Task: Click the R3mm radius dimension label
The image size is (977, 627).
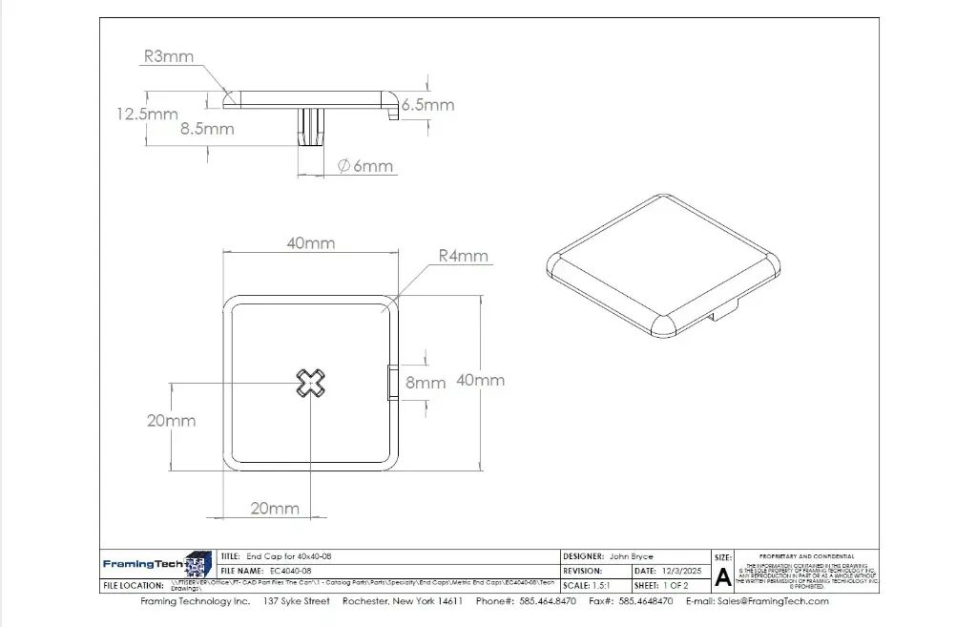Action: tap(169, 57)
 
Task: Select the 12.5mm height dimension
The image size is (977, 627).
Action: tap(147, 114)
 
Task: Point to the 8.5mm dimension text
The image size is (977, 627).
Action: tap(207, 128)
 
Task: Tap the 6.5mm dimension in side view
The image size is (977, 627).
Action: tap(427, 105)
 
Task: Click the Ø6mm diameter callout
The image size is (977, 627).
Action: tap(365, 166)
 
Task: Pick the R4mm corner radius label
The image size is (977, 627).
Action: tap(463, 256)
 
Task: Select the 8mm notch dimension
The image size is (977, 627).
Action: tap(426, 383)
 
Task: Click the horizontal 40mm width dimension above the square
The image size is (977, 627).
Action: tap(311, 243)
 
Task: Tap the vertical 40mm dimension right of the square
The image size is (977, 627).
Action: tap(480, 380)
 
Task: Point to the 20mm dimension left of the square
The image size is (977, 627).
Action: tap(171, 421)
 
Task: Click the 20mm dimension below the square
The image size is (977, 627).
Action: tap(275, 509)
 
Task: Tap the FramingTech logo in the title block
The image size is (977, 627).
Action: tap(157, 564)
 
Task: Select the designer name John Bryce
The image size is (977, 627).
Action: tap(631, 555)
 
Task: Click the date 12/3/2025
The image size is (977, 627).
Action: tap(680, 571)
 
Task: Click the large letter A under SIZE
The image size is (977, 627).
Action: tap(722, 576)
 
